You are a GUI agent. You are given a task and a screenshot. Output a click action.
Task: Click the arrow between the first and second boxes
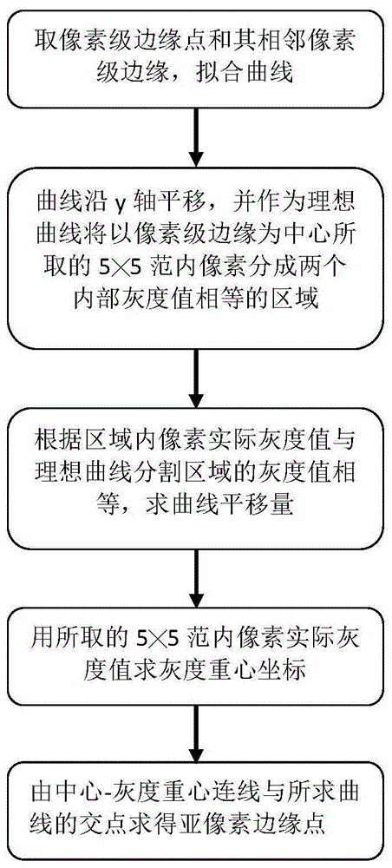(195, 134)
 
